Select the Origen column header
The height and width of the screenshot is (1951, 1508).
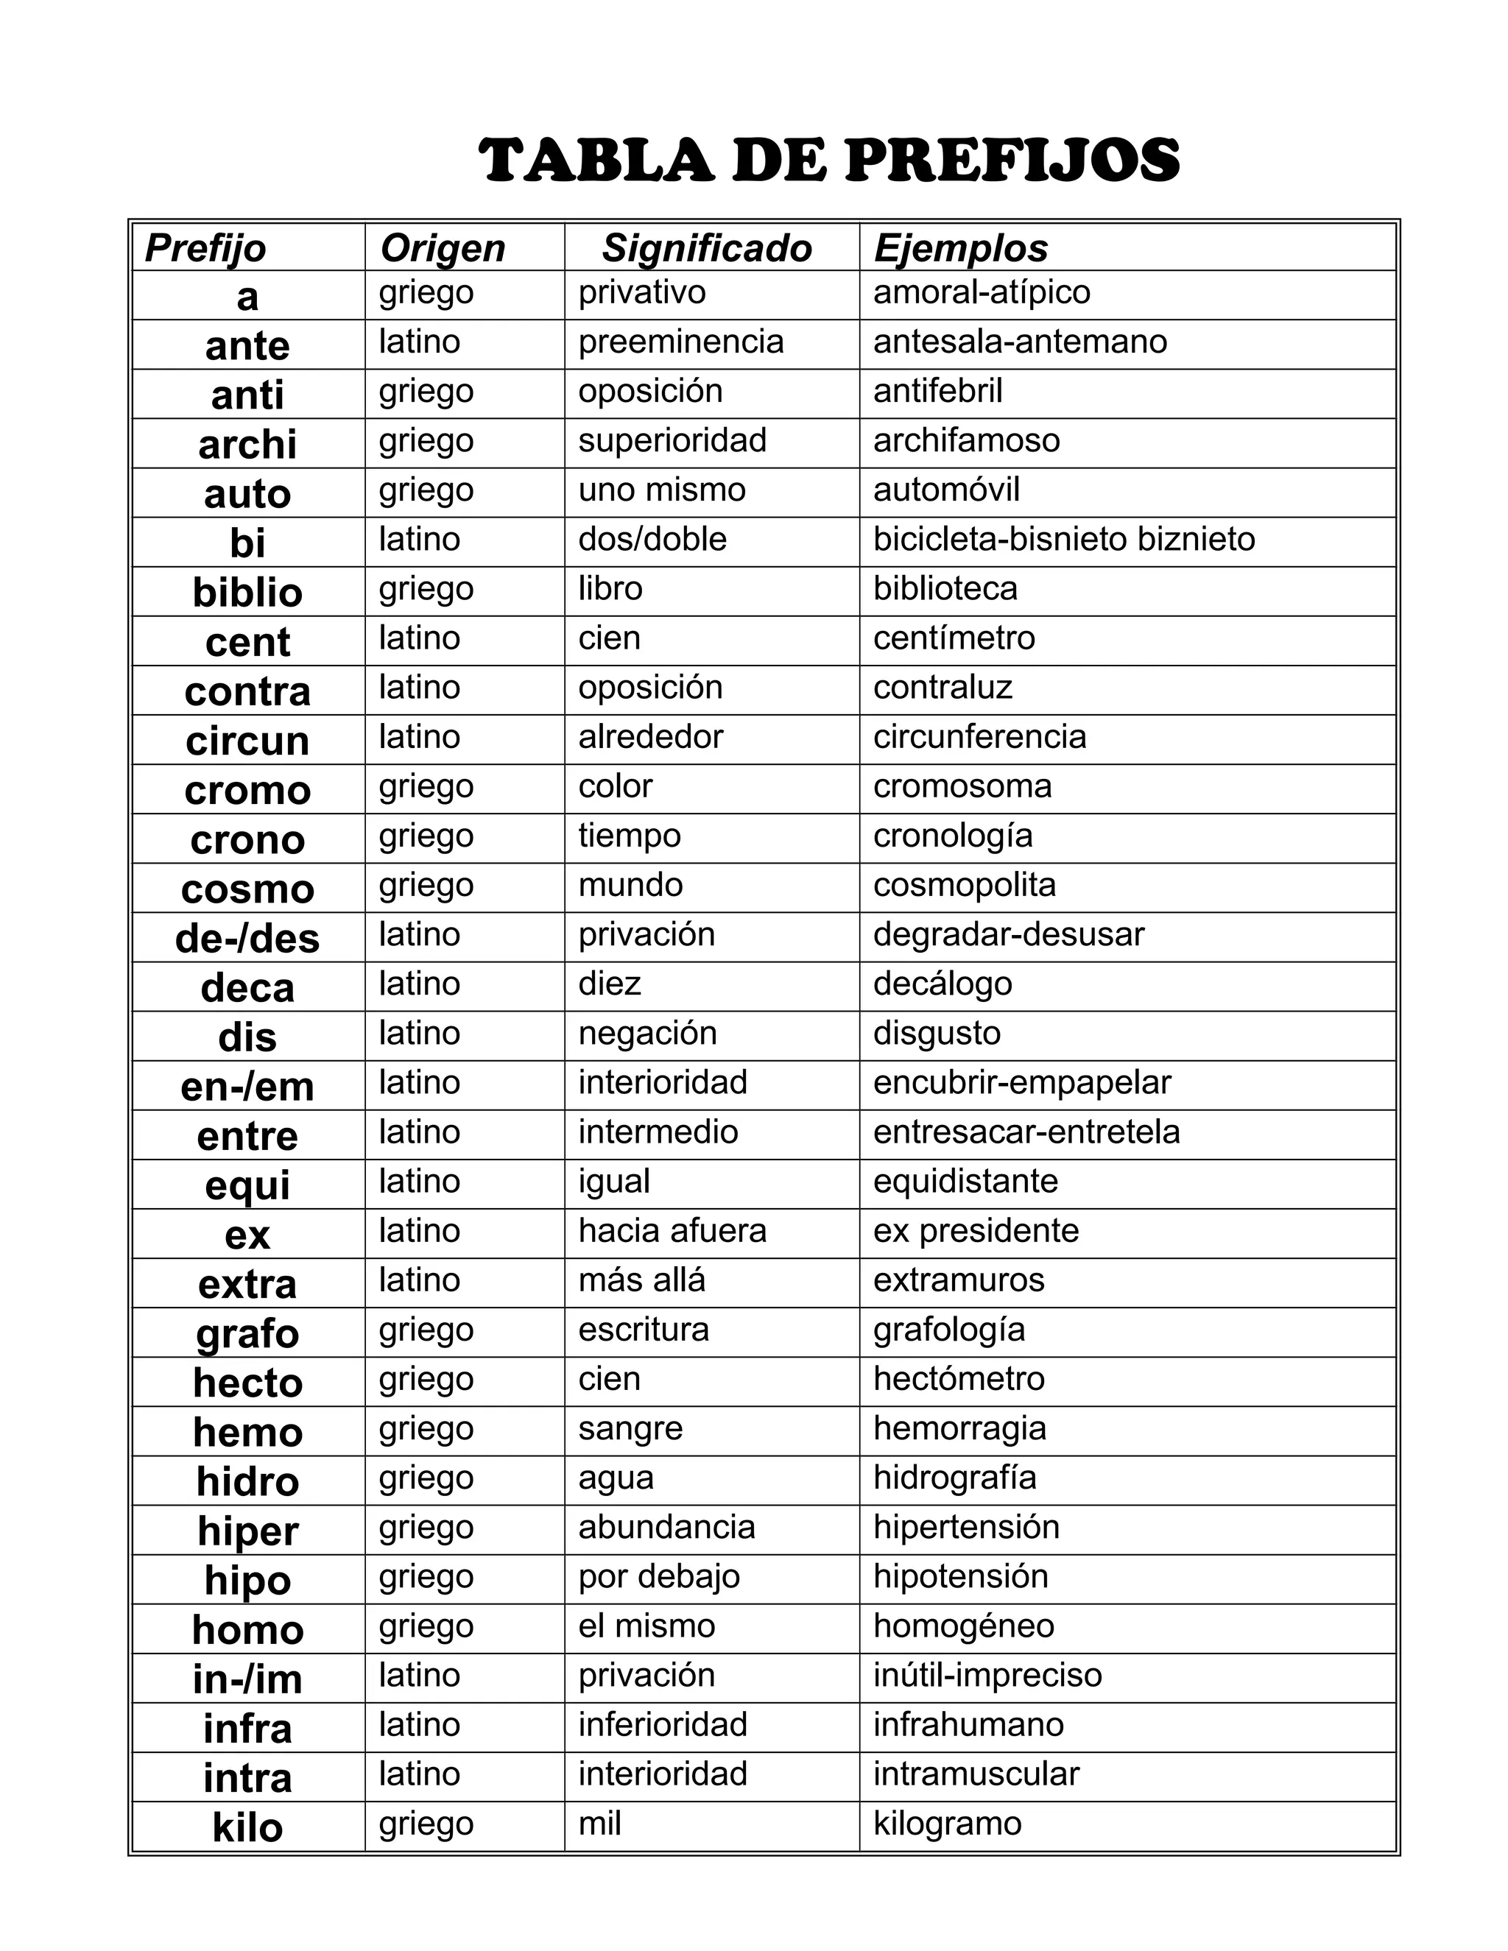tap(443, 248)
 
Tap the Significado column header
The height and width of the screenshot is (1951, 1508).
tap(707, 248)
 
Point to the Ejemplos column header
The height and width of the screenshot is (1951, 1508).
tap(960, 248)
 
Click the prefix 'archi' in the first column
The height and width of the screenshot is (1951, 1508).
tap(247, 445)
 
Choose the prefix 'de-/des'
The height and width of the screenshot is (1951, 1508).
tap(247, 939)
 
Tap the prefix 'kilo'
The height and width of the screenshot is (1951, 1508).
tap(247, 1828)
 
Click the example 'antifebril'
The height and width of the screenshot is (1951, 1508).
tap(938, 391)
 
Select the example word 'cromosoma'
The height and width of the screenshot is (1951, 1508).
tap(962, 786)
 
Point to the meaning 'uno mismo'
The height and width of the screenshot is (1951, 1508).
tap(662, 490)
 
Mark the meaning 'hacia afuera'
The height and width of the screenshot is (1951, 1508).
tap(672, 1231)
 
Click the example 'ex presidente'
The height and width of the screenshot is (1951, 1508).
tap(976, 1231)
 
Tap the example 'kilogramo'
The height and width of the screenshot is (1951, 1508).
tap(947, 1823)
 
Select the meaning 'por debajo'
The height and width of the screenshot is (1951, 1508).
tap(658, 1577)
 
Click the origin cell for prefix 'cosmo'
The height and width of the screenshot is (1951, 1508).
tap(426, 885)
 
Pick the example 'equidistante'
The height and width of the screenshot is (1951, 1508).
tap(965, 1182)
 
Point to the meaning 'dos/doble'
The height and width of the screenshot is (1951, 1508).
tap(652, 540)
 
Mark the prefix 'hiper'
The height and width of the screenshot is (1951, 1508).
tap(247, 1531)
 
